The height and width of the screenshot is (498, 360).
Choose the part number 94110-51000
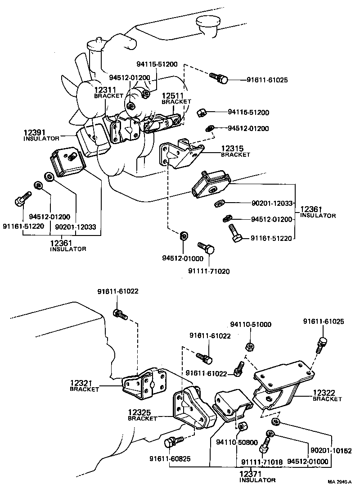pyautogui.click(x=251, y=324)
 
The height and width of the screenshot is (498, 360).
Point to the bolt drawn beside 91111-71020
pyautogui.click(x=206, y=247)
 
